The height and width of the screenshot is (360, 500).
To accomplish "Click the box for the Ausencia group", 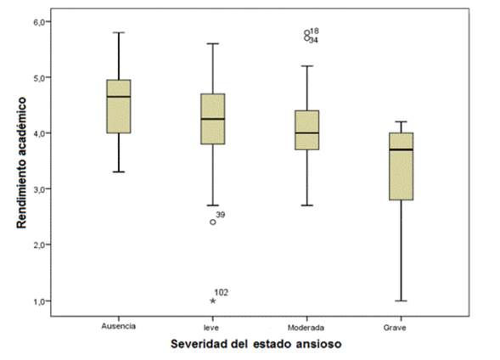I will pos(118,106).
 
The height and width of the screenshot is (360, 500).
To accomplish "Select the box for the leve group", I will pos(212,119).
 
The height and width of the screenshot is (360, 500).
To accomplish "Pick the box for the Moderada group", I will pos(306,130).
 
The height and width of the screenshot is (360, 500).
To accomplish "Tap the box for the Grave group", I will pos(400,166).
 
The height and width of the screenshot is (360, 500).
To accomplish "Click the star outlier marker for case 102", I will pos(212,301).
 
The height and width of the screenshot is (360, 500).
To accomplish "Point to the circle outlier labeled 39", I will pos(212,222).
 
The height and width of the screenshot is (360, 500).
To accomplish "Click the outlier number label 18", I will pos(314,31).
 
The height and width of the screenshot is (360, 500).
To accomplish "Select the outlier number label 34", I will pos(314,40).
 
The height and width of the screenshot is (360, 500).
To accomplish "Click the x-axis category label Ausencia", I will pos(118,325).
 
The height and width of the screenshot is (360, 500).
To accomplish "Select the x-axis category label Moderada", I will pos(306,325).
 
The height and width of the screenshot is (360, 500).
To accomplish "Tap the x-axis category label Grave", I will pos(400,325).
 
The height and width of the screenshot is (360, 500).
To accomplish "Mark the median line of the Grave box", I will pos(400,149).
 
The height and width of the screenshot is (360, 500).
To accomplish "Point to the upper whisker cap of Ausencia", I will pos(118,32).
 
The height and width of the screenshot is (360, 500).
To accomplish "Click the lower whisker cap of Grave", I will pos(400,301).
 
